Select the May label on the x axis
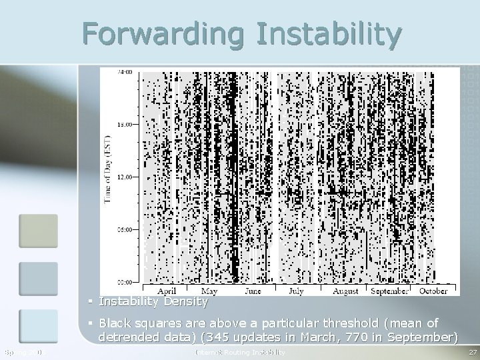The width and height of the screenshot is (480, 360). click(209, 291)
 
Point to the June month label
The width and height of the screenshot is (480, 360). click(252, 291)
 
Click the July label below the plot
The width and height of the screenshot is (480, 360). click(296, 291)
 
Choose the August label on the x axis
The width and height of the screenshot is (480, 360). click(345, 291)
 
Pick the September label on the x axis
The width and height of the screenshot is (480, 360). click(389, 291)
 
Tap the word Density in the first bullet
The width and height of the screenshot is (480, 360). click(184, 302)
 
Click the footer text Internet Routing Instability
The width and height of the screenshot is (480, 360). click(240, 351)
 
